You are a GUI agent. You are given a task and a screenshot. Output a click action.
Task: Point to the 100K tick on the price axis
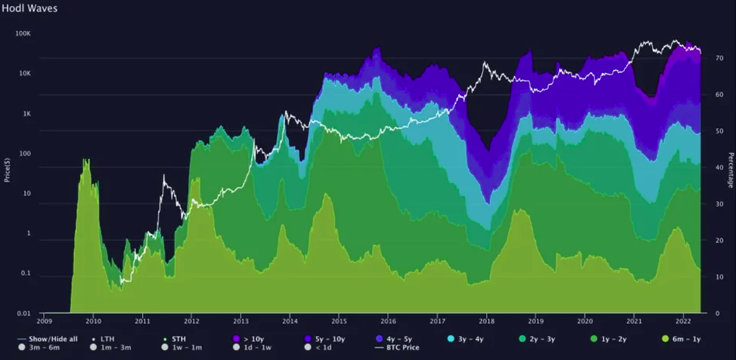pos(23,34)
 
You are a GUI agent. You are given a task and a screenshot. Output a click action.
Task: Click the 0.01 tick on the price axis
pos(23,313)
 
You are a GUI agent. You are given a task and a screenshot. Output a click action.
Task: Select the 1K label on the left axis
pos(26,114)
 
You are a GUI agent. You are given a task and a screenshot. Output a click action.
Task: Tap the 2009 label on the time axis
pos(43,320)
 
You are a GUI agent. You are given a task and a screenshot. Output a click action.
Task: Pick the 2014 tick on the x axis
pos(290,320)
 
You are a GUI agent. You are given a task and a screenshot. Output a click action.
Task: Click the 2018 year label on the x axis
pos(487,320)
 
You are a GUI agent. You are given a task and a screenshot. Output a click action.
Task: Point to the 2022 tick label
pos(683,320)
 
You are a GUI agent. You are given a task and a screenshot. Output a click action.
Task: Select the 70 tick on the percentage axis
pos(719,58)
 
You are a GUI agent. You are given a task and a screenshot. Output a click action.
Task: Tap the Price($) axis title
pos(7,168)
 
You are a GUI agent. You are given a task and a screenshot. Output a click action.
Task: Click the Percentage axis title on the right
pos(731,170)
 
